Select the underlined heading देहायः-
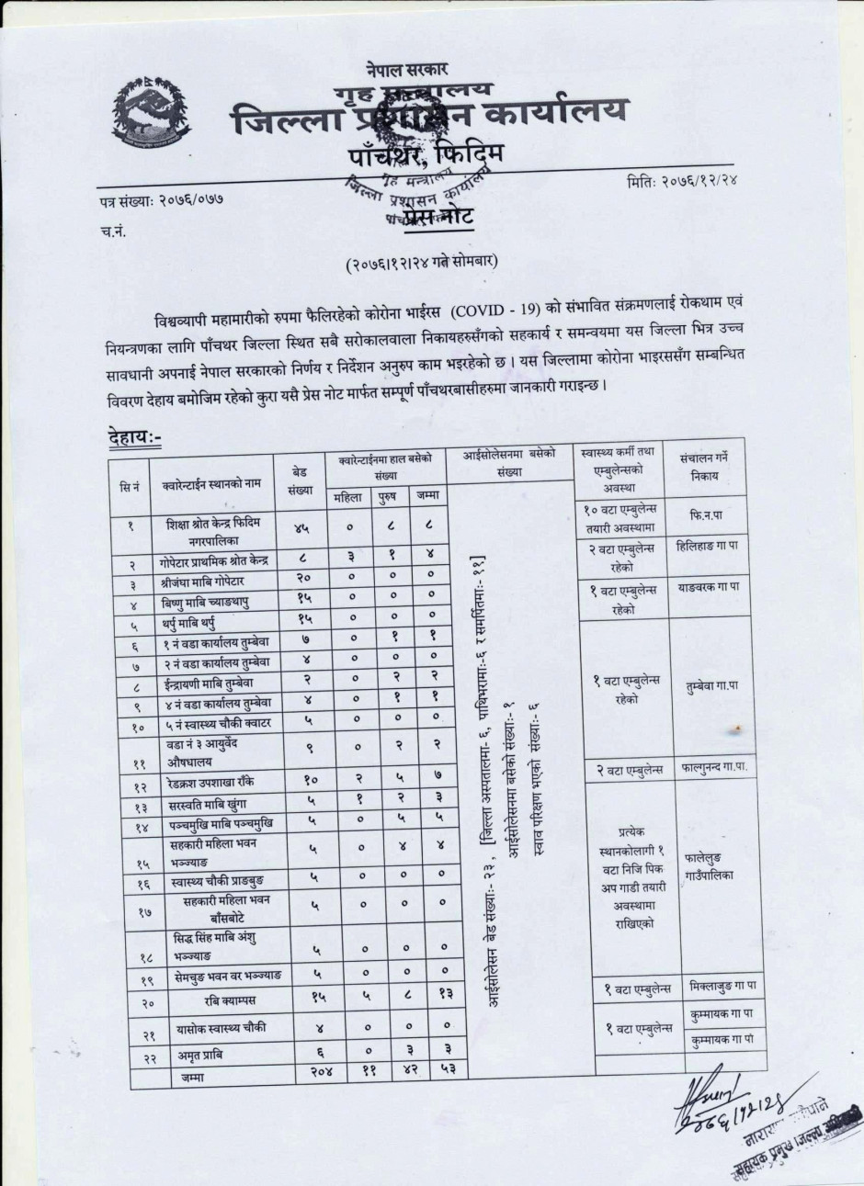coord(128,439)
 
